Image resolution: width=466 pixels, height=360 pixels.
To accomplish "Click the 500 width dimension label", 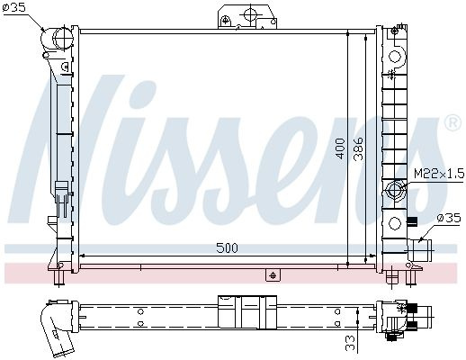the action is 227,248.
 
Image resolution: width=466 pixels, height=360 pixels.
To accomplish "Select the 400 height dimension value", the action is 340,148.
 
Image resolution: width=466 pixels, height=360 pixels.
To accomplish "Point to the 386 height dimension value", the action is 358,148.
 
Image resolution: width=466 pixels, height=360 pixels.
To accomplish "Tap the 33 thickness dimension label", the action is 350,343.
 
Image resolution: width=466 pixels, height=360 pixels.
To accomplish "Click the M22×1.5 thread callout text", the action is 439,174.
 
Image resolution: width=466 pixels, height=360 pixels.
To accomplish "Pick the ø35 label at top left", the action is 14,7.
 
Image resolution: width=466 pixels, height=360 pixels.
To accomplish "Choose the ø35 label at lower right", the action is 449,218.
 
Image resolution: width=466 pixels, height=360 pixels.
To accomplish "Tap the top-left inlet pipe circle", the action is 63,38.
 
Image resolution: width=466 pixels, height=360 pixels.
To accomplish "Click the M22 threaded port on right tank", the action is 396,190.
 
